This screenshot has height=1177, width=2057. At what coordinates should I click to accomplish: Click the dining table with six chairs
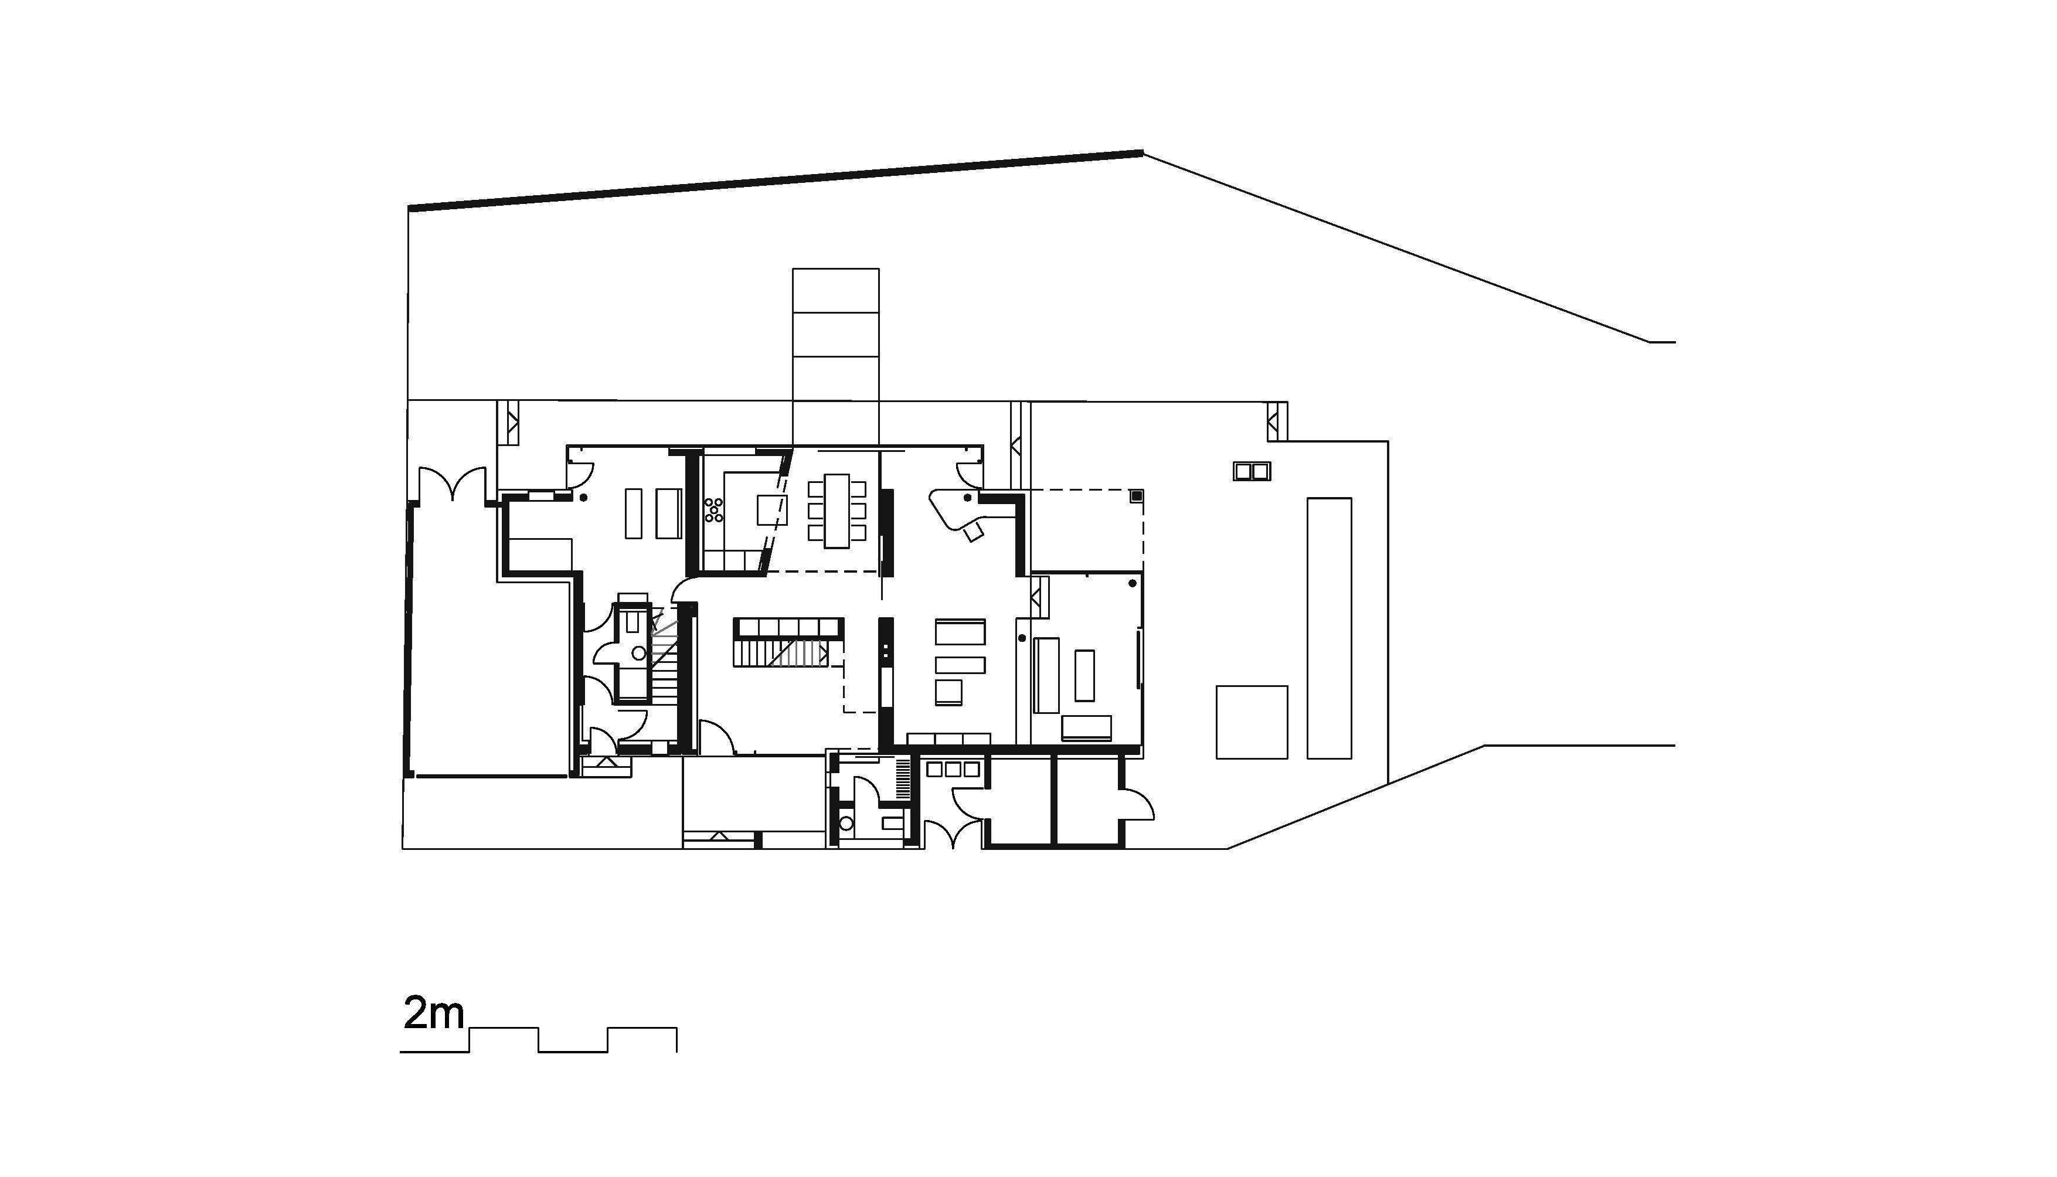coord(837,511)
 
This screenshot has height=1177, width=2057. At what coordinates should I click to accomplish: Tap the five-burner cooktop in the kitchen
coord(713,510)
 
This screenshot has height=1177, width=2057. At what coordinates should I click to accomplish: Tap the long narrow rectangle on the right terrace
coord(1330,628)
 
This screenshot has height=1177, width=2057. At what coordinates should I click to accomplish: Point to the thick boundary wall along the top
coord(776,181)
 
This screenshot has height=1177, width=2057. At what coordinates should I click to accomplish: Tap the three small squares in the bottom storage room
coord(954,770)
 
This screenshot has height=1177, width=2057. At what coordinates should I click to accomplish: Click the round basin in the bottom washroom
coord(846,824)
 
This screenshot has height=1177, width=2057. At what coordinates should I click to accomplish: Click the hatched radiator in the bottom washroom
coord(903,778)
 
